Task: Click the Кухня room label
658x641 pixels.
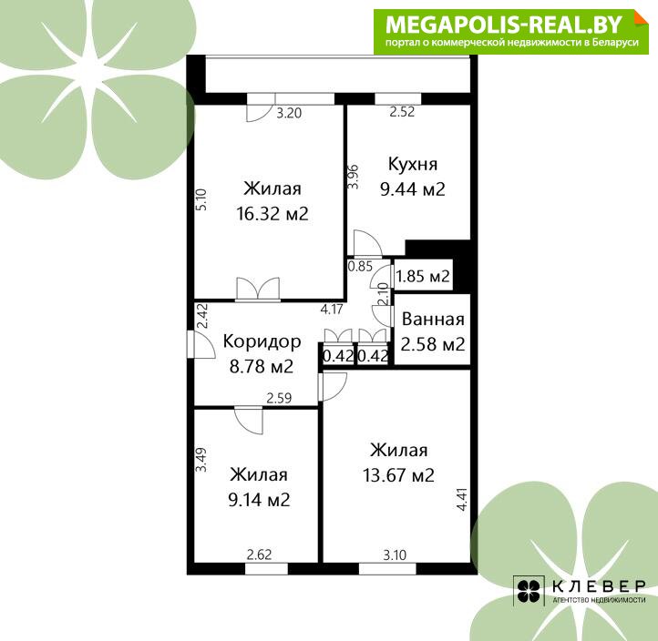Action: pos(413,164)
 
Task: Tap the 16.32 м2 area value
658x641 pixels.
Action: pos(272,214)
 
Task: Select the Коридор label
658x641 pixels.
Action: pos(262,342)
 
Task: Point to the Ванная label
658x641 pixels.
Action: pos(433,320)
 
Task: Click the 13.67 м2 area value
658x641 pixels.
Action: pos(398,475)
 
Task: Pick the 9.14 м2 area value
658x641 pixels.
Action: pos(259,500)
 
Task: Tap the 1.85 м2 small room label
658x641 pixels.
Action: pos(423,276)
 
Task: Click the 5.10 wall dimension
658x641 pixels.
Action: pos(201,199)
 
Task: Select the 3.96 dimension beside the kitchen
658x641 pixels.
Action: pos(354,177)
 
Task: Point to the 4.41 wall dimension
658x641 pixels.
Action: pos(462,499)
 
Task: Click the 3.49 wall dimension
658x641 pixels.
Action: pos(201,460)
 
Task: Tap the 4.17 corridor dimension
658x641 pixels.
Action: pos(332,310)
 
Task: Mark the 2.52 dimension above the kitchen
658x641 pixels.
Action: pos(402,112)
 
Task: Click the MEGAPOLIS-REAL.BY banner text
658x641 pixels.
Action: pos(503,25)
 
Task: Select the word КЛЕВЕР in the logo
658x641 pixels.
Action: pos(599,586)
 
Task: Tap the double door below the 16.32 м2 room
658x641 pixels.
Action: pos(258,289)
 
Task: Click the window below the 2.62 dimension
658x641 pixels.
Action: pos(266,569)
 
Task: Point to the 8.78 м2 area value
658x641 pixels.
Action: pos(261,367)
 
